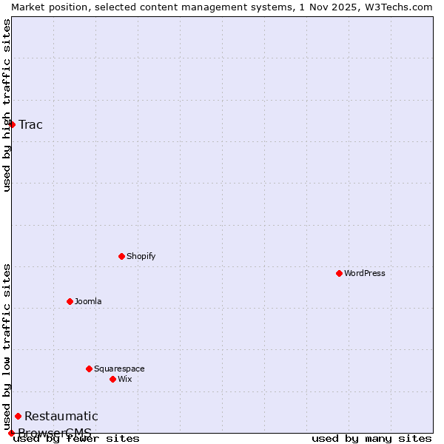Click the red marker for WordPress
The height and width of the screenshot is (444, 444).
[339, 273]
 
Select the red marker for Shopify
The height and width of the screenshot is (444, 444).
[121, 256]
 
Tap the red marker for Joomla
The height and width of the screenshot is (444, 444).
[70, 301]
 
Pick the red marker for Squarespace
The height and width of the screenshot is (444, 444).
[89, 369]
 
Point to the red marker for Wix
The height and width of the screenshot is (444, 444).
[112, 379]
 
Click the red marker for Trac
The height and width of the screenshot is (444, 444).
[12, 124]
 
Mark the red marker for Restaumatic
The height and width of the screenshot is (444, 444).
[18, 416]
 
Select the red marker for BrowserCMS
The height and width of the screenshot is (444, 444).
[11, 433]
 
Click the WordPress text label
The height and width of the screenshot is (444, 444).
[365, 273]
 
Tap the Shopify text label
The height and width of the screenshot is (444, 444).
[141, 256]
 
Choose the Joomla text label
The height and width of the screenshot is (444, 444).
[88, 301]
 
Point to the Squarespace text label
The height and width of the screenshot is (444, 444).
[119, 369]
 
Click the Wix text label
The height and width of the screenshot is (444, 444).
[124, 379]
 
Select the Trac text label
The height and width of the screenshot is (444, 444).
[30, 124]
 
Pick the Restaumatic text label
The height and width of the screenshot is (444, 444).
[61, 416]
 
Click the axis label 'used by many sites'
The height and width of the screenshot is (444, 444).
[371, 439]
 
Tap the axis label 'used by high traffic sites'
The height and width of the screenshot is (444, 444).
[7, 105]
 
